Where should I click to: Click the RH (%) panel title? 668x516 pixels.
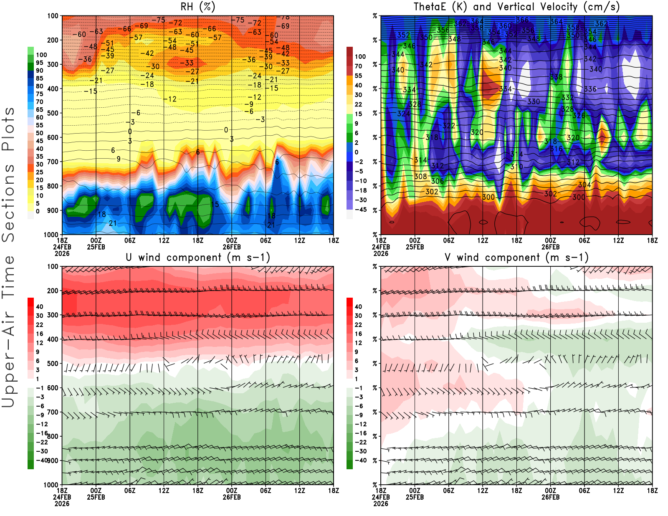pos(197,7)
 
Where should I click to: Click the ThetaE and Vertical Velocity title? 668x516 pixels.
pos(516,7)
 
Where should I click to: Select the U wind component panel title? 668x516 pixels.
pos(197,257)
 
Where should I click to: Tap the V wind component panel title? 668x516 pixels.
pos(516,257)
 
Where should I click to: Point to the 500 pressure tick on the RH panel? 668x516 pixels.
pos(53,113)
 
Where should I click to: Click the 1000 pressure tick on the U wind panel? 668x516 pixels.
pos(51,485)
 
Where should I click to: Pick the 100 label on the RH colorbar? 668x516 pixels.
pos(41,55)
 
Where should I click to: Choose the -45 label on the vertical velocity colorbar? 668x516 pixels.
pos(360,210)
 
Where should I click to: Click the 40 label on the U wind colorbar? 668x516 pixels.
pos(40,306)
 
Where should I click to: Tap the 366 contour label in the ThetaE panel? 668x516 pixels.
pos(522,20)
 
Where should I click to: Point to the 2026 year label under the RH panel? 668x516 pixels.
pos(62,253)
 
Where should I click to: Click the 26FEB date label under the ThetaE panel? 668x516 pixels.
pos(550,247)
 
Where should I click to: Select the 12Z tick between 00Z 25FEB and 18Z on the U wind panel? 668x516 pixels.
pos(164,491)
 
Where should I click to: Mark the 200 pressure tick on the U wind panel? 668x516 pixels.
pos(53,291)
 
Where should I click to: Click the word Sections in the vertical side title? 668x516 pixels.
pos(8,202)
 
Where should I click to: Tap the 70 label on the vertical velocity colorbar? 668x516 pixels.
pos(358,66)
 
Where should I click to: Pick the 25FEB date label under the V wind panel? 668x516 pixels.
pos(415,497)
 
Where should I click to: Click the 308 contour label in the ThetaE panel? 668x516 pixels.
pos(420,176)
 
